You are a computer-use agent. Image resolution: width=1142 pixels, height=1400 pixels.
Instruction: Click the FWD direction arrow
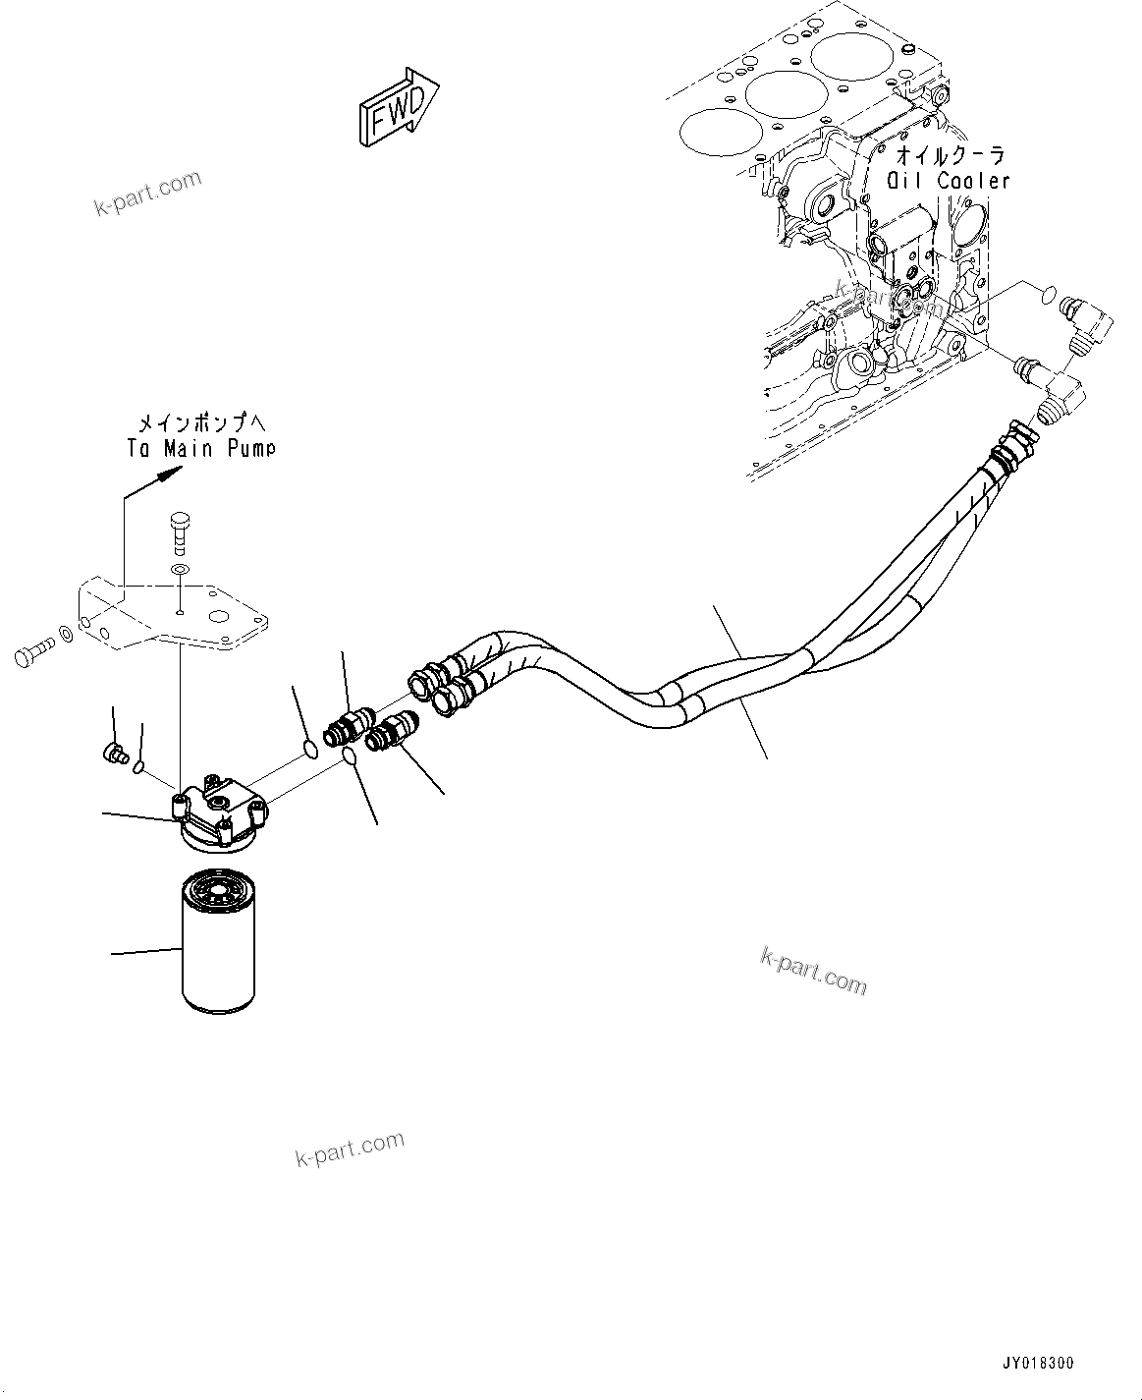pyautogui.click(x=398, y=107)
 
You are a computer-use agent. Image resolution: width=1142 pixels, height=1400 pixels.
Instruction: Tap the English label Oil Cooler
pyautogui.click(x=948, y=181)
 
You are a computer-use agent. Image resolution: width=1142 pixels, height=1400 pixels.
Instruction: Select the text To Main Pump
pyautogui.click(x=201, y=448)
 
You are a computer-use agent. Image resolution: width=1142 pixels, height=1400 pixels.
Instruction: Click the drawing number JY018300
pyautogui.click(x=1038, y=1364)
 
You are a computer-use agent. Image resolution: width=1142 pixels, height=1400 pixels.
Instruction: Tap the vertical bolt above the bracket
pyautogui.click(x=179, y=533)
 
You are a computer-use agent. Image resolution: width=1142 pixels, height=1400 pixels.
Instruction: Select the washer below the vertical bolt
pyautogui.click(x=179, y=570)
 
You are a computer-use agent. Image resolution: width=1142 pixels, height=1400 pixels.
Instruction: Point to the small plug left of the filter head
pyautogui.click(x=115, y=755)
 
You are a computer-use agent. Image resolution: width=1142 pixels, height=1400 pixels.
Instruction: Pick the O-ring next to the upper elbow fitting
pyautogui.click(x=1048, y=292)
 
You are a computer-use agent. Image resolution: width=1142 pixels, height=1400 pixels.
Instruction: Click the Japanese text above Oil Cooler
pyautogui.click(x=950, y=155)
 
